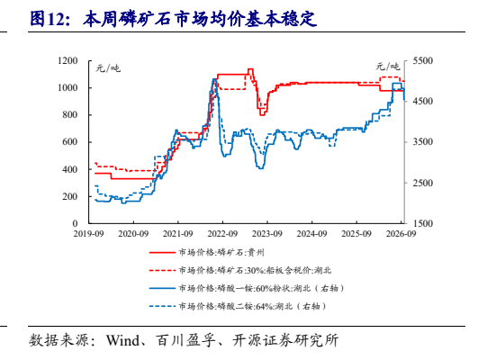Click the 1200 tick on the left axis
coord(68,60)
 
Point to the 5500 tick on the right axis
coord(423,60)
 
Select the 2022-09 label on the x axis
coord(222,234)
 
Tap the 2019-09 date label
coord(89,234)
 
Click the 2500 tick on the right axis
coord(423,183)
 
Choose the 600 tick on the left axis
coord(70,142)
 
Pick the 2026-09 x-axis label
coord(401,234)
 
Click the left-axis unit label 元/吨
coord(108,68)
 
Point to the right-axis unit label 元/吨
coord(387,66)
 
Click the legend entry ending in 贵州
coord(221,252)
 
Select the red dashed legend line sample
coord(162,270)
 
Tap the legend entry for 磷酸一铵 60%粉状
coord(261,288)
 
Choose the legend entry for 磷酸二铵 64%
coord(252,306)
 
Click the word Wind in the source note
coord(122,341)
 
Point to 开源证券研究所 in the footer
coord(285,341)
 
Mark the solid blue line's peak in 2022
coord(214,79)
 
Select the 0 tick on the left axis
coord(75,223)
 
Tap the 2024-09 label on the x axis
coord(311,234)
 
